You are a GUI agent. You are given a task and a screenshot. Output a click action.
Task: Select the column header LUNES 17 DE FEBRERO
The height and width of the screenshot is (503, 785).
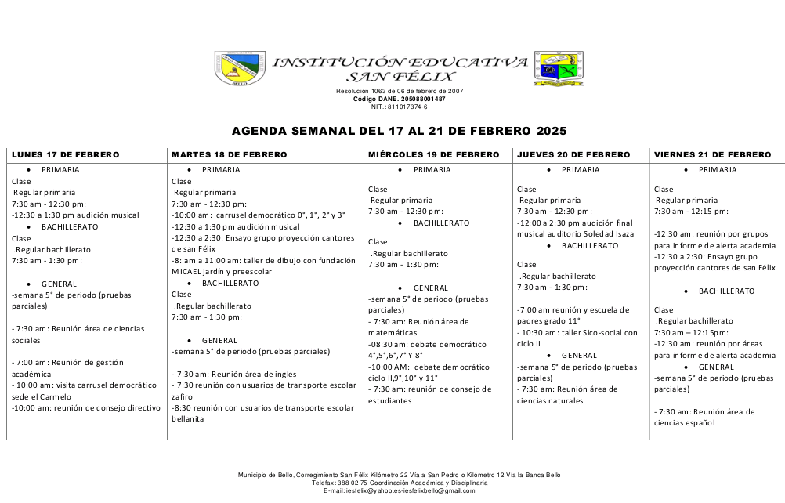(65, 155)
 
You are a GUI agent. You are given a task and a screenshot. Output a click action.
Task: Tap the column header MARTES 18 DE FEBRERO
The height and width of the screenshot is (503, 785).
(229, 155)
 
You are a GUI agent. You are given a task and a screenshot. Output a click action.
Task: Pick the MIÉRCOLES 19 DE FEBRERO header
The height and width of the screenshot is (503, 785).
(433, 155)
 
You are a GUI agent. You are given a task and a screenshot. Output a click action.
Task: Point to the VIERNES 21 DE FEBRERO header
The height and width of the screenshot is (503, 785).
(713, 155)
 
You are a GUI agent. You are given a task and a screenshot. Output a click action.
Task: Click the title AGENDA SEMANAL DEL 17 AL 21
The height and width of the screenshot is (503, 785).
(399, 131)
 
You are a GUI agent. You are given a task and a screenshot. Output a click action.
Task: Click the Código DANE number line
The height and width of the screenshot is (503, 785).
(399, 100)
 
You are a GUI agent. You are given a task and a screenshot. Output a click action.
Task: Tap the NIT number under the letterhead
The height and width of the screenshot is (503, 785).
(399, 107)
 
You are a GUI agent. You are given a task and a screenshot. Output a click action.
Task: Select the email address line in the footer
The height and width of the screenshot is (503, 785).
(399, 490)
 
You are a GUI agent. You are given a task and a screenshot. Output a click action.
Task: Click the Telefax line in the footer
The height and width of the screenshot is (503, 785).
(399, 483)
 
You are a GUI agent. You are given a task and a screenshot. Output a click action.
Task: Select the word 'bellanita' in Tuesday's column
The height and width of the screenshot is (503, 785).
(188, 418)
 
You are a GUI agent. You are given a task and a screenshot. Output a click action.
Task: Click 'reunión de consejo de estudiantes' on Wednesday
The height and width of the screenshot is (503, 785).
(430, 389)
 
